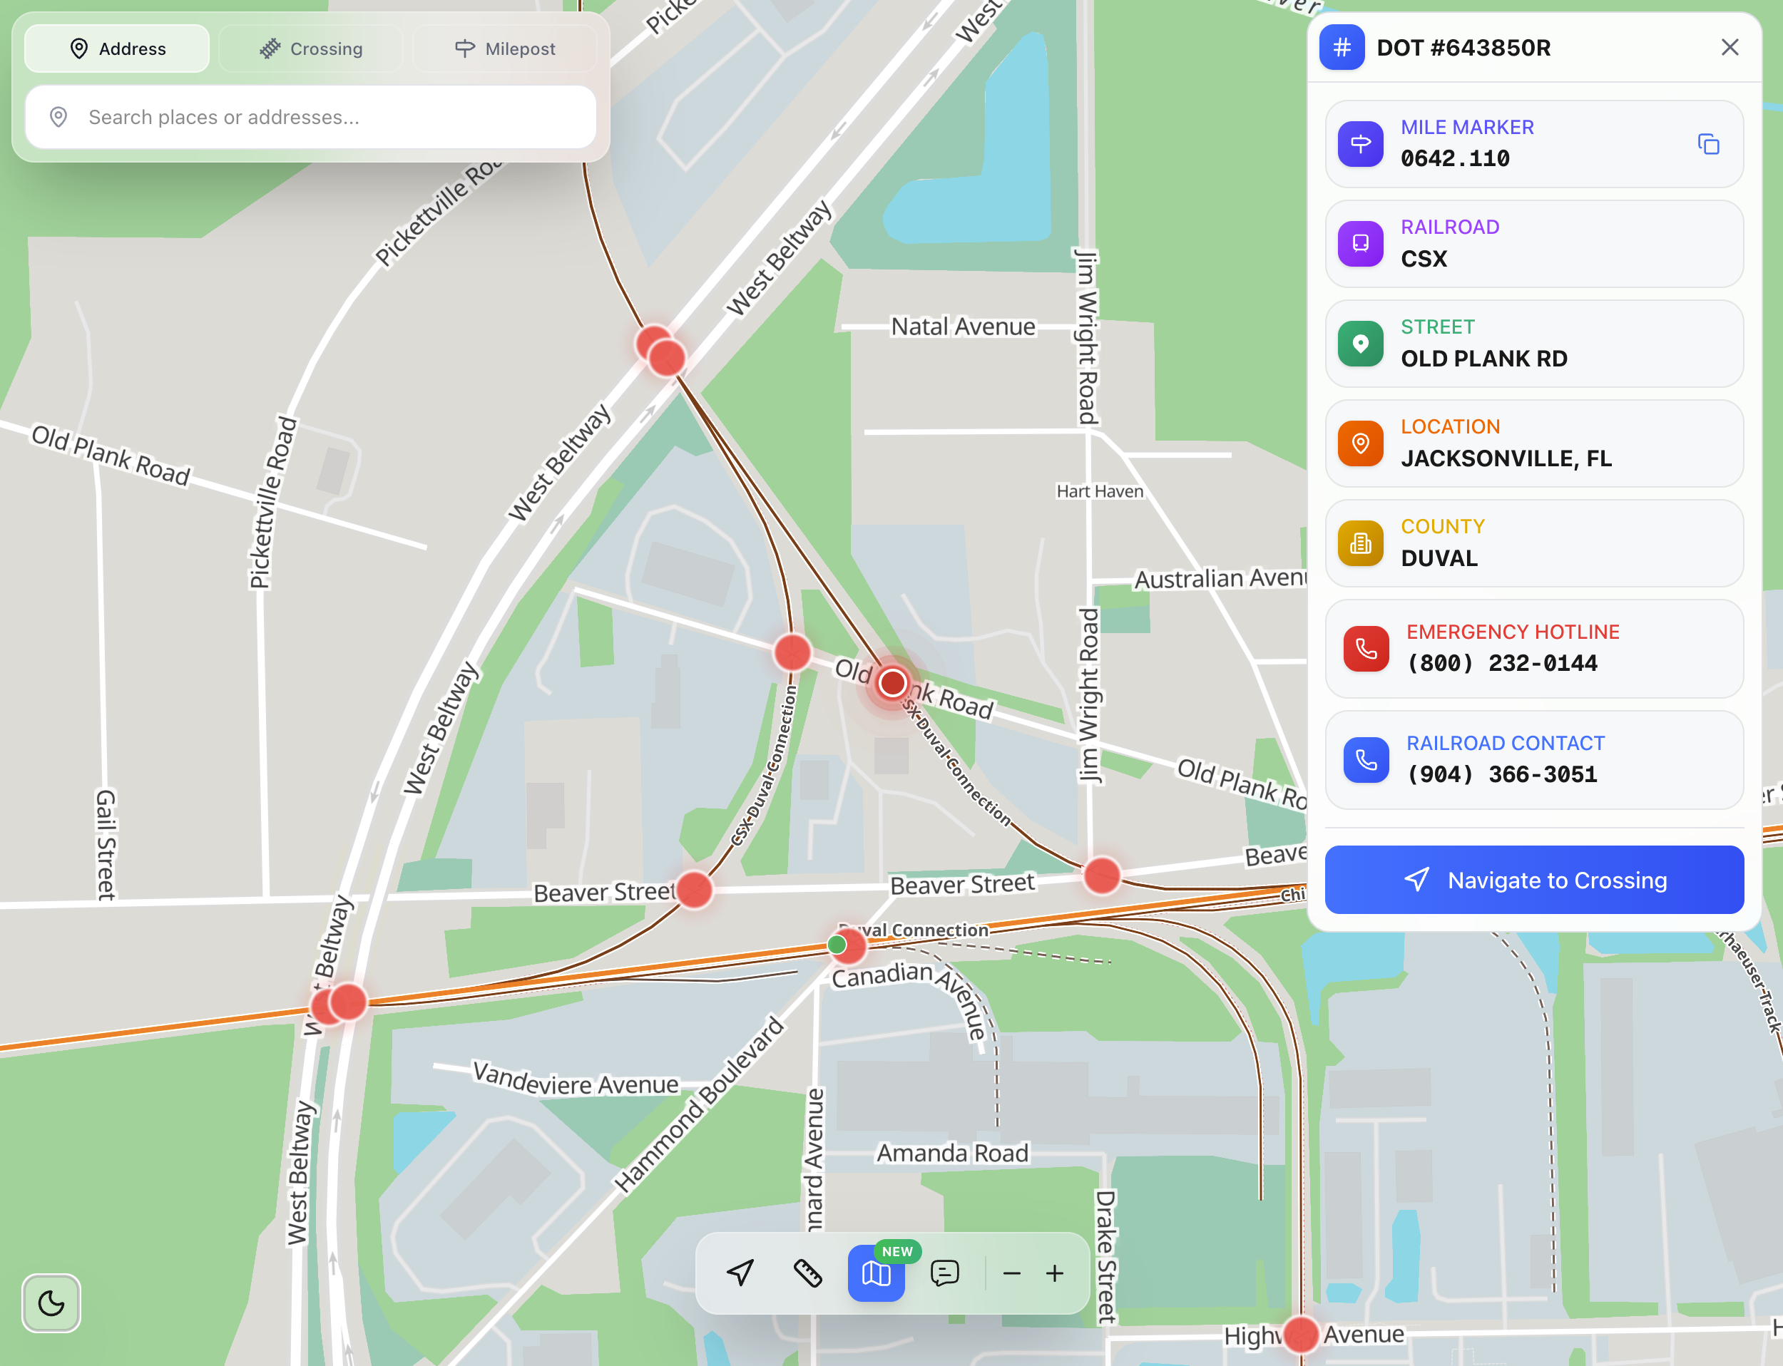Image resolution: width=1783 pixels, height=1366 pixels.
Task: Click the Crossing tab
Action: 311,48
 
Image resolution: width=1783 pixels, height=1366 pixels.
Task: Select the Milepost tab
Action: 504,48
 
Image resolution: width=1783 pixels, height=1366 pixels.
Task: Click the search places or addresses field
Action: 311,117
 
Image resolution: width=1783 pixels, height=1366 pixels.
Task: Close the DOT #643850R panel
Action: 1730,47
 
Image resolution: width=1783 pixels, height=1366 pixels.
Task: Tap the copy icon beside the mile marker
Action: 1708,145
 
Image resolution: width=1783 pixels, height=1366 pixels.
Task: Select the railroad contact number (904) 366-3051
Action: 1501,774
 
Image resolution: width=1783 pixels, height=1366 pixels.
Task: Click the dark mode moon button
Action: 51,1303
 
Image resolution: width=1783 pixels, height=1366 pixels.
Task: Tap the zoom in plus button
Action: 1054,1273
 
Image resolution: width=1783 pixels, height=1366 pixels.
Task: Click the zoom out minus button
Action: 1011,1273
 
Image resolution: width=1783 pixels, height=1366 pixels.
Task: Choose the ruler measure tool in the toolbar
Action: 808,1273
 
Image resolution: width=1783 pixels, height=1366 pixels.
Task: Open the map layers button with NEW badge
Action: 876,1273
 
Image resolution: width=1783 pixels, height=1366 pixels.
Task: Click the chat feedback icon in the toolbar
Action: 944,1273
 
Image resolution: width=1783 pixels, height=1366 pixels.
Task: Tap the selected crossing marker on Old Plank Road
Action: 892,683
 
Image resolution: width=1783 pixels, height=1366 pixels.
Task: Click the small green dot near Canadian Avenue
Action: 836,944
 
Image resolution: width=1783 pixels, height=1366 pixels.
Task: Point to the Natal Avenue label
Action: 963,327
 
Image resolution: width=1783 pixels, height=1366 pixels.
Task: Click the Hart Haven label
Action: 1100,491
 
